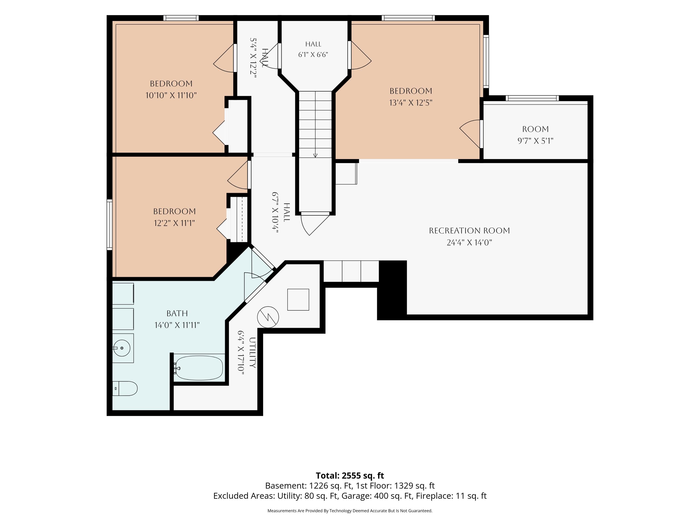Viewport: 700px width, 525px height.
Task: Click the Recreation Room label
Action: (x=469, y=231)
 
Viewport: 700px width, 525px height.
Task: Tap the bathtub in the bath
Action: (x=199, y=368)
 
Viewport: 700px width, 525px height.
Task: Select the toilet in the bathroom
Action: (x=125, y=388)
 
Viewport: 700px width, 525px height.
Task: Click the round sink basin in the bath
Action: (x=122, y=348)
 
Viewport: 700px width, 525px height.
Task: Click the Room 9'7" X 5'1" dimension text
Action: (x=535, y=141)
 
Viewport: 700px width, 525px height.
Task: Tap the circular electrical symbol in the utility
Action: (x=268, y=317)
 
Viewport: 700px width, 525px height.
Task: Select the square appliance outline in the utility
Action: (x=298, y=299)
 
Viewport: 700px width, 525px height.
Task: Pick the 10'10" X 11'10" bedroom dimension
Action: (x=171, y=95)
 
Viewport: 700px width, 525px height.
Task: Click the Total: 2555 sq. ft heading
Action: (x=350, y=476)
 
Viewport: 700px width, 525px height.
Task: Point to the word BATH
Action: (x=177, y=313)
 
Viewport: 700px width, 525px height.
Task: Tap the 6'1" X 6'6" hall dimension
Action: (x=313, y=54)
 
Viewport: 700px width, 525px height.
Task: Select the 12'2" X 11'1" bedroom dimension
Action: (x=174, y=223)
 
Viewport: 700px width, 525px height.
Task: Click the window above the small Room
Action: (x=532, y=98)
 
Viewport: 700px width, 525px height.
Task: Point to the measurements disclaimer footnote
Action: (x=350, y=511)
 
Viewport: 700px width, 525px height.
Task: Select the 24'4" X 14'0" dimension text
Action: (x=469, y=243)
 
